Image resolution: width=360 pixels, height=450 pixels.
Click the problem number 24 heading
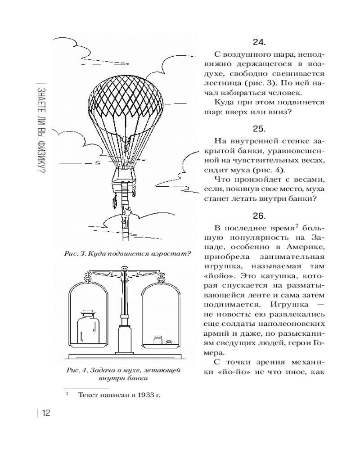point(259,43)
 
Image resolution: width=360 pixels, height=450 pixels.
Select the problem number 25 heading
point(259,129)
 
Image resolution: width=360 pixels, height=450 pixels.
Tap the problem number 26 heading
point(259,216)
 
